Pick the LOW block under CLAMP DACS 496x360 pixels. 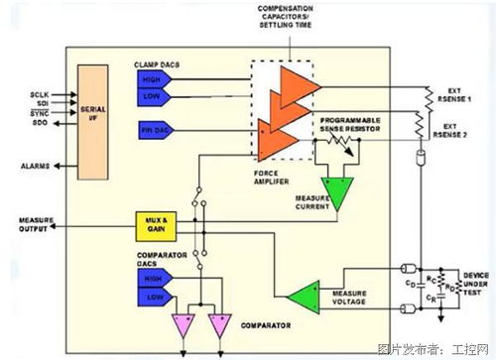153,97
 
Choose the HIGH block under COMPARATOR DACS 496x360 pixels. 154,280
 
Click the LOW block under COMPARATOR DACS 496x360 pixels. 154,296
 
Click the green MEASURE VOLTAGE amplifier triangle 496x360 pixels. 301,292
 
